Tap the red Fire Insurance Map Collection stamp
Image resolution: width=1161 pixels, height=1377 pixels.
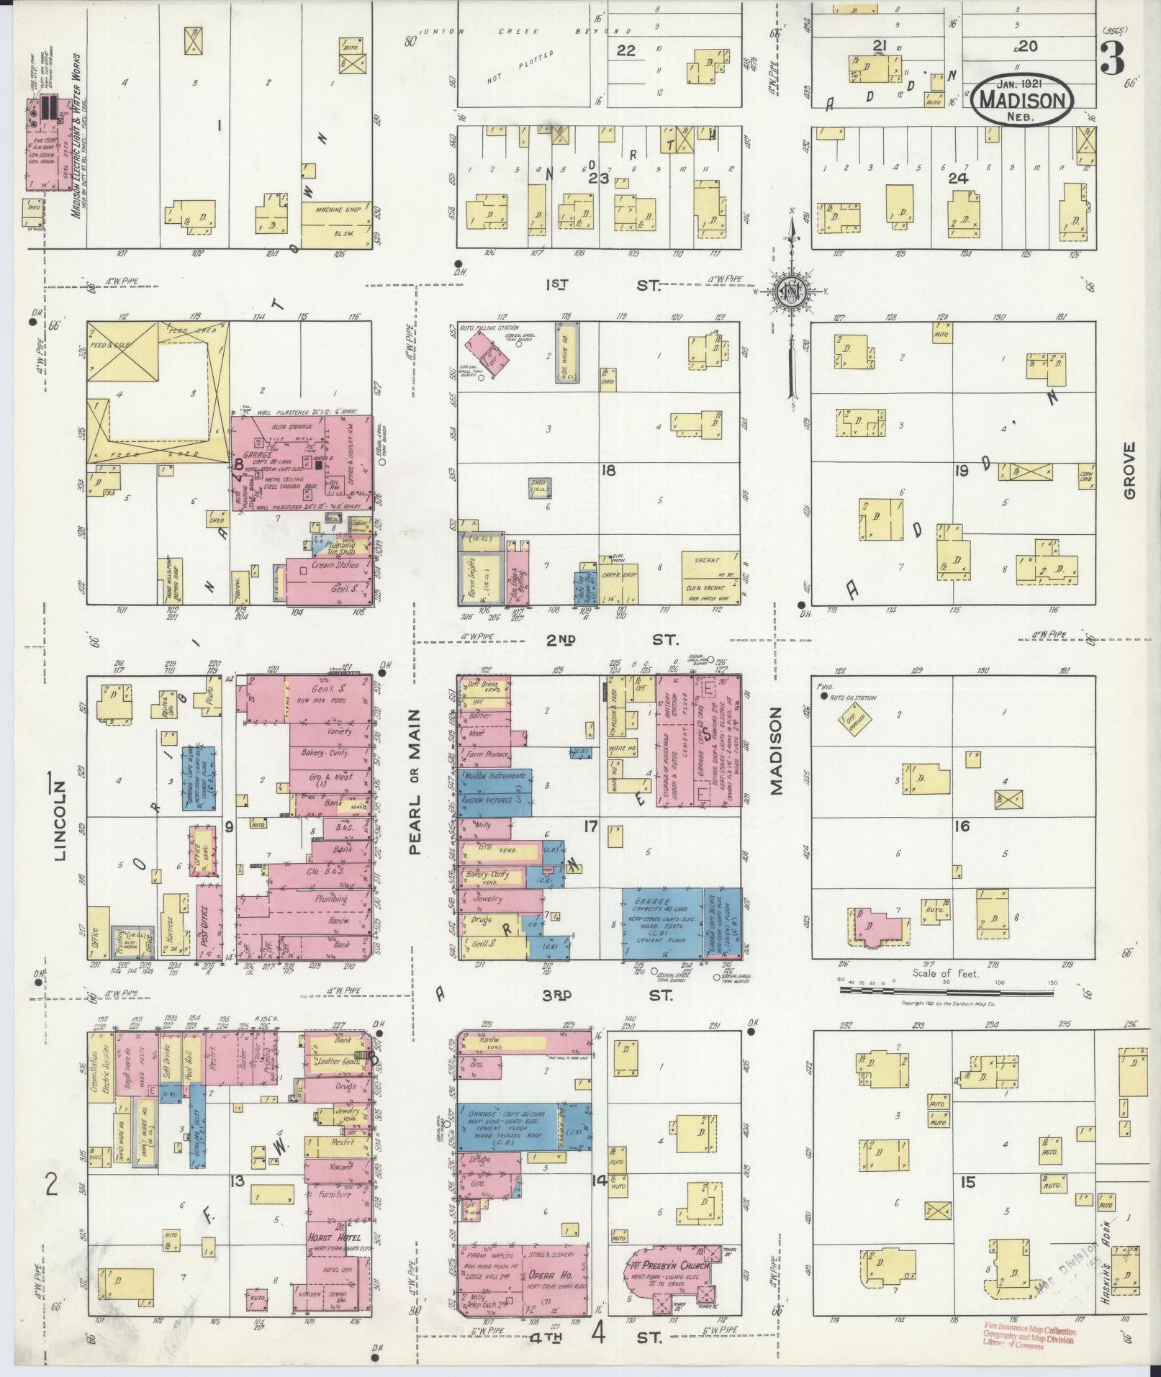[1029, 1337]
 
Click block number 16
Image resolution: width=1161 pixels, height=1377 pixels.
[962, 826]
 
